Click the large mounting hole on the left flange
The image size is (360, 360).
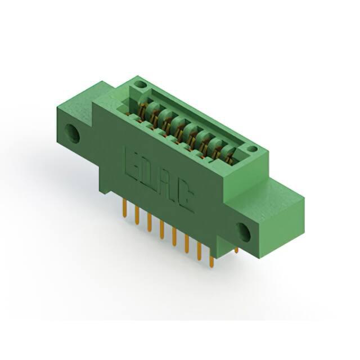tap(72, 133)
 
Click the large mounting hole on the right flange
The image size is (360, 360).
tap(244, 232)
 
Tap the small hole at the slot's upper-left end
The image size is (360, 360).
tap(141, 84)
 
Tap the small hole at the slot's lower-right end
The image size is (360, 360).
tap(252, 149)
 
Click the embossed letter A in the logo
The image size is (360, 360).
tap(165, 186)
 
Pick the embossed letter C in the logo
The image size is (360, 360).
tap(184, 197)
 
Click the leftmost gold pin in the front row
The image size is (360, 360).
tap(125, 208)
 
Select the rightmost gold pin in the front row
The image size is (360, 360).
tap(211, 262)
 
